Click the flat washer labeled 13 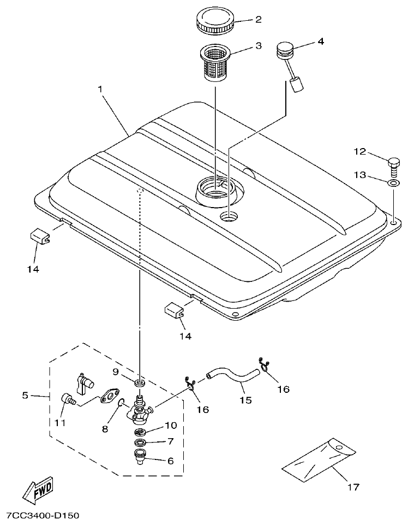(x=393, y=182)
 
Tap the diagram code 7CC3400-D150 (x=44, y=515)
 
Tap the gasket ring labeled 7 (x=140, y=441)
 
